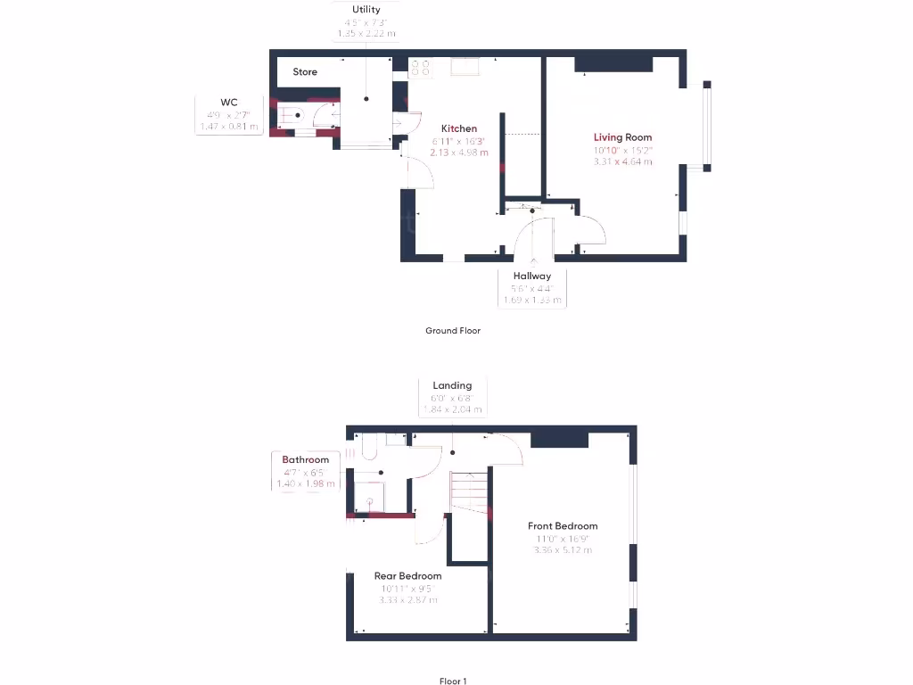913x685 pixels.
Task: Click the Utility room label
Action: pos(366,10)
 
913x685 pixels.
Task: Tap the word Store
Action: pos(305,72)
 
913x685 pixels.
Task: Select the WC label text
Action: pos(229,103)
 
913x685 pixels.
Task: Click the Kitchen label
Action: pos(459,129)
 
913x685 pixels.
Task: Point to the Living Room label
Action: pos(623,137)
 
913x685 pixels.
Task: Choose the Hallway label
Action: pos(531,276)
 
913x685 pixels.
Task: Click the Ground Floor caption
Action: pos(453,331)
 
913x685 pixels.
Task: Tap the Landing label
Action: pos(452,386)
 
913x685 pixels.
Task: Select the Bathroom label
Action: pos(306,460)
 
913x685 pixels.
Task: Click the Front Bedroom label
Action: pos(563,526)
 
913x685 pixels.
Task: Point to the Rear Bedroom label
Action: pos(407,576)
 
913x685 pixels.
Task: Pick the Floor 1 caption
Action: pos(453,681)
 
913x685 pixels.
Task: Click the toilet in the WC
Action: pos(292,116)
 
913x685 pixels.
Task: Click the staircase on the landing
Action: pos(468,490)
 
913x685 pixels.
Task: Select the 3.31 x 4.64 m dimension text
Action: pos(623,161)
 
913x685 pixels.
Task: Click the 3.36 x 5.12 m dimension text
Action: pos(563,550)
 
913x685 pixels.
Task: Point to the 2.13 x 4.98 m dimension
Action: pos(459,153)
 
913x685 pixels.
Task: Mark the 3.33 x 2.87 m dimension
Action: pos(407,600)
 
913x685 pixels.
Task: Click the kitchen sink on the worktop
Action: pos(465,67)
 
